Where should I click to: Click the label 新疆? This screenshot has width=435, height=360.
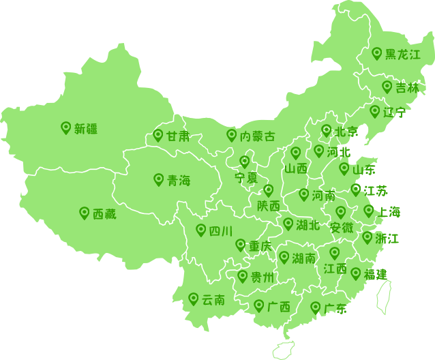tap(86, 129)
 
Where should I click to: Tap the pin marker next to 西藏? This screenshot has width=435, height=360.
tap(85, 213)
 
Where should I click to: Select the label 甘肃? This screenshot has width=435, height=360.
tap(178, 136)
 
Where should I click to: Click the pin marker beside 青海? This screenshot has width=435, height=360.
tap(159, 179)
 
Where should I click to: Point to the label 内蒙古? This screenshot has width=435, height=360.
tap(258, 136)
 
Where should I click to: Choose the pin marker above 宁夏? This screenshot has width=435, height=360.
tap(245, 162)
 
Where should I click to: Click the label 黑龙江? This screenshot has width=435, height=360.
tap(403, 55)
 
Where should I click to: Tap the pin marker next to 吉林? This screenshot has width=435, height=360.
tap(387, 87)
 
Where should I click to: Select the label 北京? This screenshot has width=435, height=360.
tap(346, 132)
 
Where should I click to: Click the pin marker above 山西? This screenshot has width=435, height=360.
tap(296, 153)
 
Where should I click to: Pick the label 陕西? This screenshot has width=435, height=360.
tap(269, 206)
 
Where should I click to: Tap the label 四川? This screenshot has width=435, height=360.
tap(221, 231)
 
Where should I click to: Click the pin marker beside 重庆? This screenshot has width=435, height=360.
tap(241, 245)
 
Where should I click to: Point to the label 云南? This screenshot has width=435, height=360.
tap(213, 300)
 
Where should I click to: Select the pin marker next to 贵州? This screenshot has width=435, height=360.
tap(243, 276)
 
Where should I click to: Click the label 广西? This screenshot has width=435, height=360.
tap(279, 307)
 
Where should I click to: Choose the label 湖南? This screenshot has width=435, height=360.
tap(304, 258)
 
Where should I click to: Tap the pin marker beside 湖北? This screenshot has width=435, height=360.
tap(288, 224)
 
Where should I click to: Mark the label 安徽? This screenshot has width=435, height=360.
tap(342, 228)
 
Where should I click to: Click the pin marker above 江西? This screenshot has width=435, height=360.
tap(335, 253)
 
